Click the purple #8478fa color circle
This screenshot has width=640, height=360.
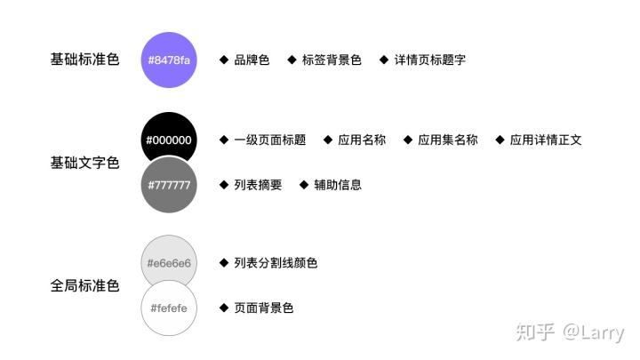pos(169,60)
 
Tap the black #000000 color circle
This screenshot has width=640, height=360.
pos(169,139)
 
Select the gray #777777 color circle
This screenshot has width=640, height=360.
pos(169,185)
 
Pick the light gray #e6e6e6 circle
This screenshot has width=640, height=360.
pos(169,263)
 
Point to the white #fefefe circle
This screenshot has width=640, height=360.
pos(169,308)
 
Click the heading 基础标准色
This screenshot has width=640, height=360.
pos(84,60)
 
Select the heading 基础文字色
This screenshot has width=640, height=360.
pos(84,163)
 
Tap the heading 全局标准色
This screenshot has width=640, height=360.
pos(84,286)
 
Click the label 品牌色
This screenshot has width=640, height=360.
pos(252,60)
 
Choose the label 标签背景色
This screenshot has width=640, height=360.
pos(332,60)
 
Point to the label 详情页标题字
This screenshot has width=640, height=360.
pos(430,60)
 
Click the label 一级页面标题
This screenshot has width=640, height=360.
pos(269,140)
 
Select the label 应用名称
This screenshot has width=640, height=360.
pos(362,140)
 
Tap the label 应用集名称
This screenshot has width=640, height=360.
pos(447,140)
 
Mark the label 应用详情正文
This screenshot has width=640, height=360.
pos(546,140)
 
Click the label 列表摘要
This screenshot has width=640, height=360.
pos(258,185)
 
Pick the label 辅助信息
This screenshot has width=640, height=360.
pos(338,185)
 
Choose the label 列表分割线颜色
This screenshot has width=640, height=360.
pos(276,263)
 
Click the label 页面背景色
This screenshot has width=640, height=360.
pos(263,308)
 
